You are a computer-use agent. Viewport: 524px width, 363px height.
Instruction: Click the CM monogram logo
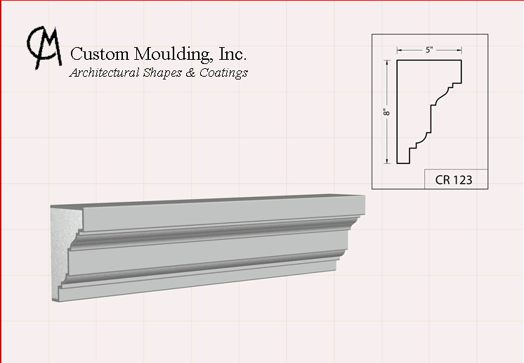(44, 48)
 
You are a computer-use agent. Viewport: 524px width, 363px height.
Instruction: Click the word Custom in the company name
(100, 53)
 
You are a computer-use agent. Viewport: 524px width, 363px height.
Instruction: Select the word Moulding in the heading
(173, 54)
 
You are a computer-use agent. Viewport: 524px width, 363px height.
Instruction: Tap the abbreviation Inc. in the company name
(232, 53)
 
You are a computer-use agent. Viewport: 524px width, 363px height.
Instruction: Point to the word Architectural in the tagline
(104, 72)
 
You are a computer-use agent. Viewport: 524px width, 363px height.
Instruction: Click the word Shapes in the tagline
(162, 73)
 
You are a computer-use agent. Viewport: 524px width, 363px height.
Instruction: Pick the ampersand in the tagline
(190, 72)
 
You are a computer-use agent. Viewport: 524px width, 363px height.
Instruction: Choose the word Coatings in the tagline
(223, 73)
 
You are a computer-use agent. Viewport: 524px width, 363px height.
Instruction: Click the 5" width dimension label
(429, 50)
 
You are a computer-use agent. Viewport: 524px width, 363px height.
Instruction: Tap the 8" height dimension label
(386, 112)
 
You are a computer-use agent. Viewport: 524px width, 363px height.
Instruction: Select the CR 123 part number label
(454, 179)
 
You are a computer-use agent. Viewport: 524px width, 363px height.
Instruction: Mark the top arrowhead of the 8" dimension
(387, 63)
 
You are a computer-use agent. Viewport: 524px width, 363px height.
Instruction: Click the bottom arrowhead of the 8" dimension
(387, 161)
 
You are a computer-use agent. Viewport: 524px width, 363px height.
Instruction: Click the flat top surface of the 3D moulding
(207, 200)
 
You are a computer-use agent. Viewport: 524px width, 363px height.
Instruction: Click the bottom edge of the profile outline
(403, 163)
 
